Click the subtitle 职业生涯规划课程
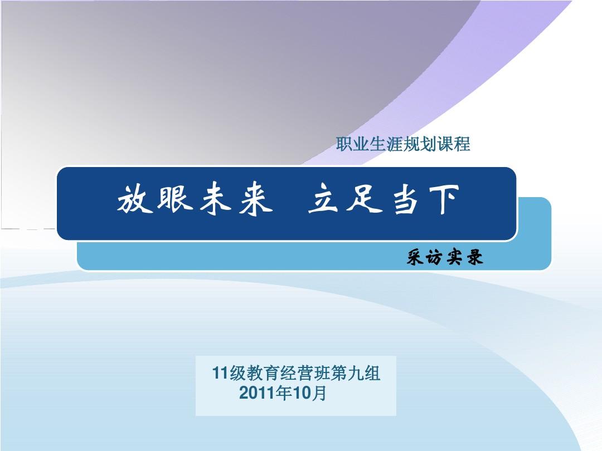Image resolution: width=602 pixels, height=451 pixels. coord(404,145)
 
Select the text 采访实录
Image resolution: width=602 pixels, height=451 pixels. coord(444,258)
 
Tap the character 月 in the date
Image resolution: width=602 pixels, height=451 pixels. coord(319,394)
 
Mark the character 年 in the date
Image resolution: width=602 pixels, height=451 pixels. coord(284,394)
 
